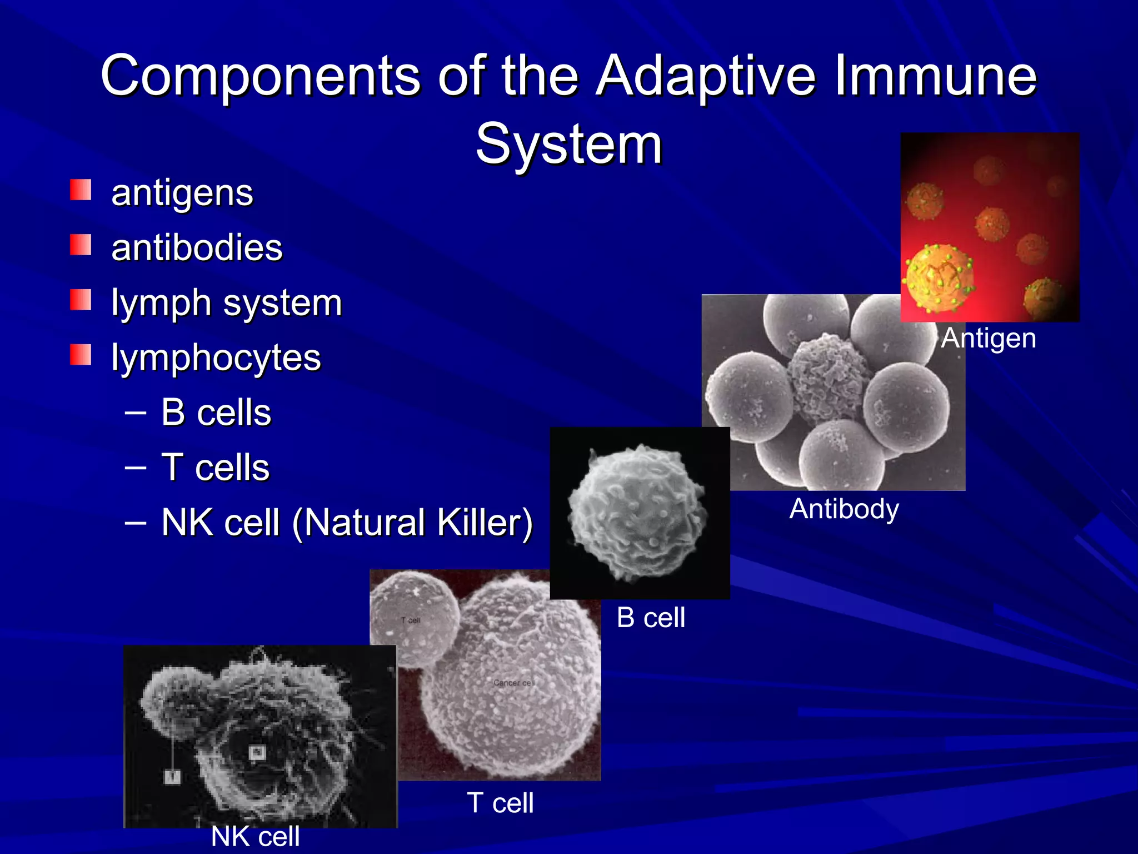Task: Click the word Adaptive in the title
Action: coord(706,77)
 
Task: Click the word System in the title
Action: coord(569,145)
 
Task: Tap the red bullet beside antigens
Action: coord(81,190)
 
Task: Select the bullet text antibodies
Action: coord(197,247)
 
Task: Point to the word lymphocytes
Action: coord(216,358)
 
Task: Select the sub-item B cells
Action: coord(216,413)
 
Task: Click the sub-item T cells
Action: coord(215,467)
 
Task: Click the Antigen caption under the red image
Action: coord(989,338)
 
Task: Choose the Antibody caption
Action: coord(844,509)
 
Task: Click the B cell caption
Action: coord(651,618)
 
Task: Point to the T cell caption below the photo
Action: coord(500,803)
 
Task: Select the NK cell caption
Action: coord(256,836)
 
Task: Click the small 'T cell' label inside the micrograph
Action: coord(411,620)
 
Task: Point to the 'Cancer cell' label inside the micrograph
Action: coord(513,682)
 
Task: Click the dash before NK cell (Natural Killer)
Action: coord(136,523)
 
